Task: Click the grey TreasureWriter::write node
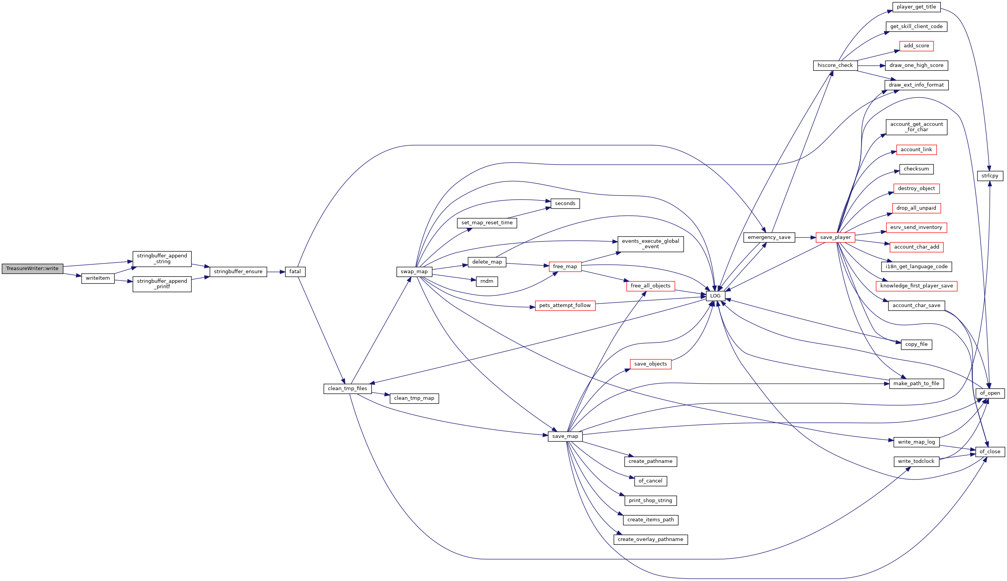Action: pos(32,269)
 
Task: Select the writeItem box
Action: pos(98,278)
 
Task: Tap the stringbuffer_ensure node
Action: pos(238,272)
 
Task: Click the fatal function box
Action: pos(295,272)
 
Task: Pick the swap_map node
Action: pos(414,272)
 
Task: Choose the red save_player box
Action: pos(835,237)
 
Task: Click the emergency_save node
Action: pos(769,237)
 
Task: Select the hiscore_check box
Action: pos(835,65)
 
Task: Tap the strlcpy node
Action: pos(990,175)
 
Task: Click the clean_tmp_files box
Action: pos(347,389)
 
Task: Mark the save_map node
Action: pos(565,437)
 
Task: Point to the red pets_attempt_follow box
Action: pos(565,306)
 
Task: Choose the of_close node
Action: pos(990,452)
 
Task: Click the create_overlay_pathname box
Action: pos(651,539)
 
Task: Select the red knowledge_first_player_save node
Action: pos(917,286)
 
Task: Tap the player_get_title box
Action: pos(917,7)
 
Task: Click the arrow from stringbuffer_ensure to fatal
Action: pos(276,272)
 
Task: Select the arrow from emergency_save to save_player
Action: pos(805,237)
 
